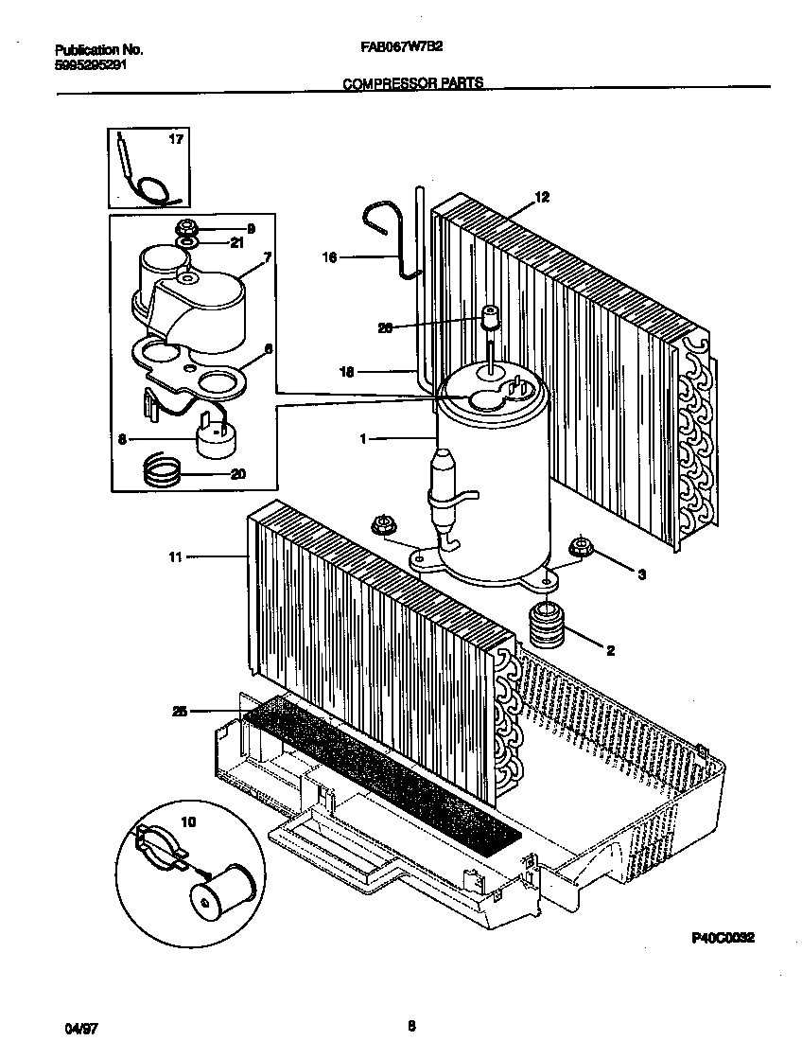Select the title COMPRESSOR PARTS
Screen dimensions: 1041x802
pos(412,83)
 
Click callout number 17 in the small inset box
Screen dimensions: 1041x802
pos(175,140)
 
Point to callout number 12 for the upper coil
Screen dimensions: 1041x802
pos(541,197)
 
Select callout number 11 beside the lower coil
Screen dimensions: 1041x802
pos(175,558)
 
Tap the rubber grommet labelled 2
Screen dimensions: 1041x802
pos(545,626)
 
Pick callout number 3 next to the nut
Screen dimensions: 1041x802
pos(641,574)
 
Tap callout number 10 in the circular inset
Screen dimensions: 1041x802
pos(187,823)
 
